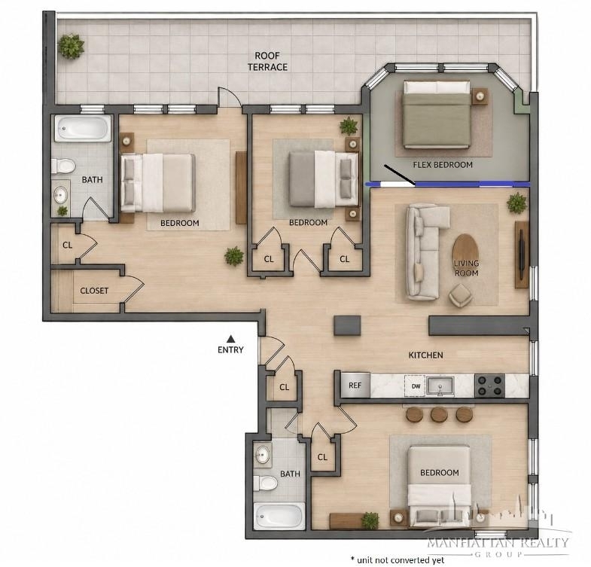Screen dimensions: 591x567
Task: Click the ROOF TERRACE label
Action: [267, 62]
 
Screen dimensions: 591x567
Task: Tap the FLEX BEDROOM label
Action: [443, 165]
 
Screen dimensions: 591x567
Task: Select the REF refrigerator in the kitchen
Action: [355, 386]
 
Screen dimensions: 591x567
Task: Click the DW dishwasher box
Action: [416, 386]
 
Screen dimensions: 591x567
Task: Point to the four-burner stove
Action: [489, 386]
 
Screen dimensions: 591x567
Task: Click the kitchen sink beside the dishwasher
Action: [440, 386]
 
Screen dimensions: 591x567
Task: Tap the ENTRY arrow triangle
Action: [230, 339]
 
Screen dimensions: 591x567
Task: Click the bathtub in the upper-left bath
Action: [83, 128]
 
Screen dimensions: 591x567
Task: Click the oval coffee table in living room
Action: [465, 252]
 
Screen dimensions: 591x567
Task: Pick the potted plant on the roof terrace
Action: [71, 47]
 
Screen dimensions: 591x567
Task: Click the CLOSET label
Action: [94, 291]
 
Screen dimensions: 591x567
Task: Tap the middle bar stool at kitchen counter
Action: [439, 414]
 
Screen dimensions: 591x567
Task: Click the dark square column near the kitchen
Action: [347, 325]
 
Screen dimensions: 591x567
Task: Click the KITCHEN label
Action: [426, 355]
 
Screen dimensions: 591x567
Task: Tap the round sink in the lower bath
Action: [262, 455]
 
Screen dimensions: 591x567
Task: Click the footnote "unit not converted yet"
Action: [398, 559]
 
